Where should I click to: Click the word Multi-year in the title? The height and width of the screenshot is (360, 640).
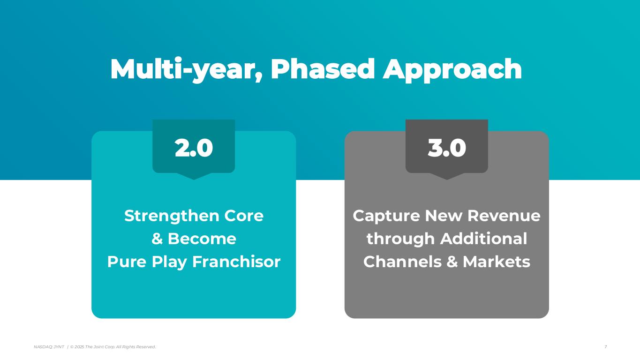[x=187, y=69]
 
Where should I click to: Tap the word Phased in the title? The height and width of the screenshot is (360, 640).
[x=323, y=69]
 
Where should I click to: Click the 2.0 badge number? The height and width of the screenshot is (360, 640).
[x=194, y=148]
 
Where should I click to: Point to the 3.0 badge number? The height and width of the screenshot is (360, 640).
[x=447, y=148]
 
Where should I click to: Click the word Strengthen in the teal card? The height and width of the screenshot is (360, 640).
[x=172, y=216]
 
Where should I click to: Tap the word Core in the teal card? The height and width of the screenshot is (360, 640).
[x=244, y=216]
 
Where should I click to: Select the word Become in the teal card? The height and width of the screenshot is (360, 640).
[x=202, y=239]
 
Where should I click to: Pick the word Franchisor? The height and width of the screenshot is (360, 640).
[x=236, y=262]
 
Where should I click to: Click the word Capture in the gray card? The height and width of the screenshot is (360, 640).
[x=386, y=216]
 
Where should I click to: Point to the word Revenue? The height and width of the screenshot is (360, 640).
[x=504, y=216]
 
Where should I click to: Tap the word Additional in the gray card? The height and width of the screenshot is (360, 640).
[x=484, y=239]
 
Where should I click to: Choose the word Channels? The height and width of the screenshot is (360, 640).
[x=403, y=262]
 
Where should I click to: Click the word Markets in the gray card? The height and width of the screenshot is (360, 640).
[x=497, y=262]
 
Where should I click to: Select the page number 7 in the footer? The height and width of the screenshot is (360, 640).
[x=606, y=347]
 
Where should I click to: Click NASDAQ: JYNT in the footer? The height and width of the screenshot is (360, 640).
[x=49, y=347]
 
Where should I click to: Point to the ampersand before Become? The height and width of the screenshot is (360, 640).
[x=157, y=239]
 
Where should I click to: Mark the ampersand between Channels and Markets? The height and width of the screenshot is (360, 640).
[x=452, y=262]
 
